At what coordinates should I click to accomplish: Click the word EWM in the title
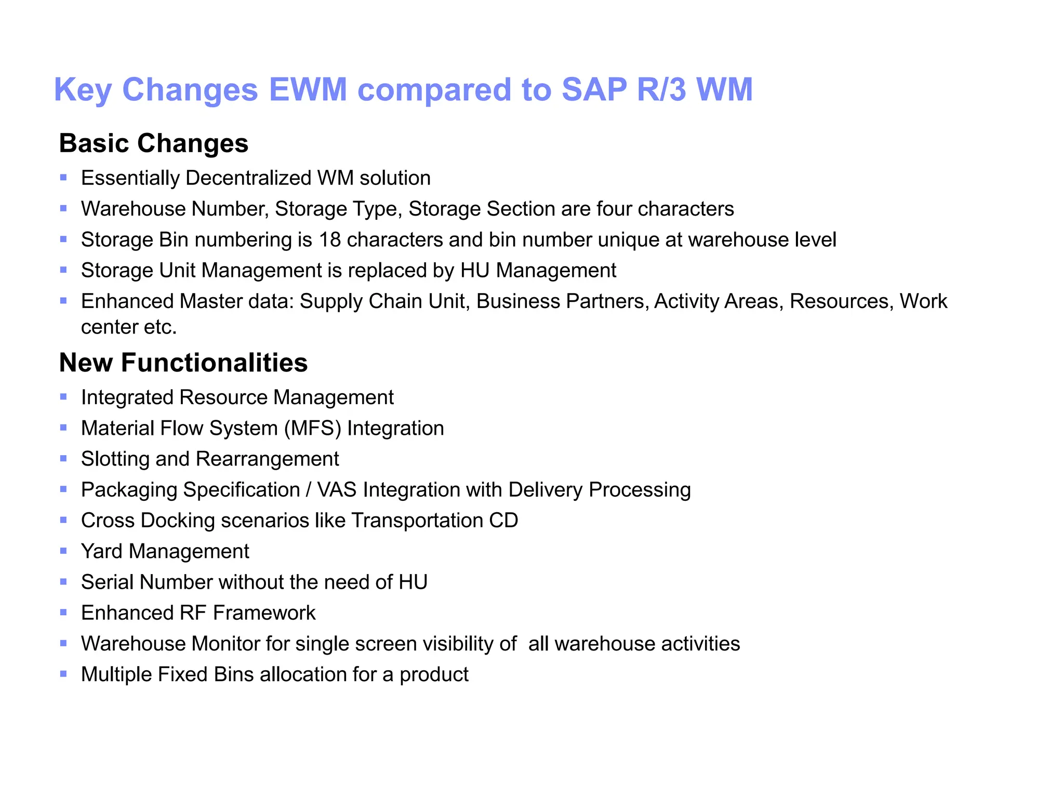click(x=308, y=89)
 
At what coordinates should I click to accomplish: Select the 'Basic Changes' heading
click(x=154, y=143)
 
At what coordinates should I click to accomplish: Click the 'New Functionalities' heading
click(x=183, y=363)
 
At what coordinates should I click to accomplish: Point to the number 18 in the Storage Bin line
click(x=330, y=240)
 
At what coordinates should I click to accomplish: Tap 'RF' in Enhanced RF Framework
click(x=193, y=613)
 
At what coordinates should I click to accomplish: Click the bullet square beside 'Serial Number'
click(x=63, y=582)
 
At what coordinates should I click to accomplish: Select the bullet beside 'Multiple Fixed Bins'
click(x=63, y=674)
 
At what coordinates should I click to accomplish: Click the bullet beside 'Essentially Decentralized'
click(x=63, y=178)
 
